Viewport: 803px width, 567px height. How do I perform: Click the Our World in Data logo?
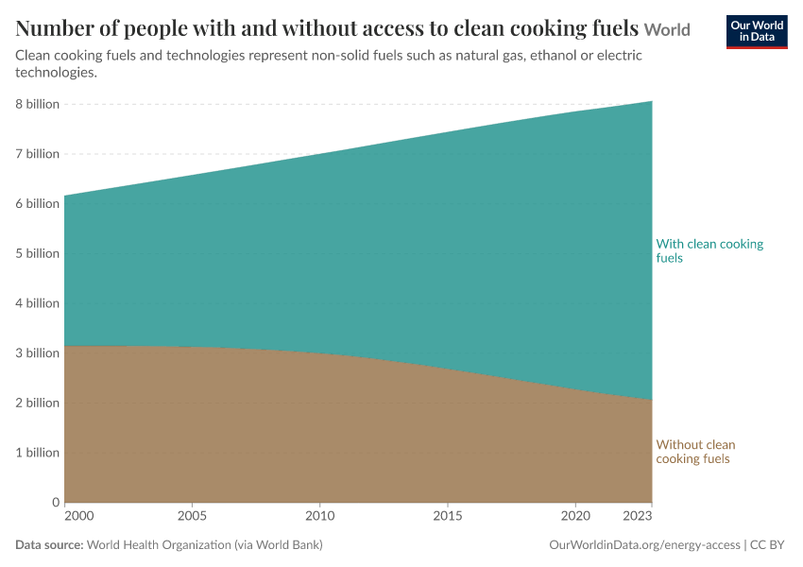(x=757, y=32)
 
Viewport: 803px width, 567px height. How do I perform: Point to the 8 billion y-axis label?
(x=38, y=104)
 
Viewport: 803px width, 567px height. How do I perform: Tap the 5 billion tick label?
(x=38, y=253)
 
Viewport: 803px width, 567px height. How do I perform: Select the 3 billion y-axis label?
(x=38, y=352)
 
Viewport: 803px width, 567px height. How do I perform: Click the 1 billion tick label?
(x=38, y=453)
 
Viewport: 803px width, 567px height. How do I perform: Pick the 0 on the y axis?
(x=56, y=503)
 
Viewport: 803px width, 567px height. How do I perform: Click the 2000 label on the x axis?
(x=79, y=516)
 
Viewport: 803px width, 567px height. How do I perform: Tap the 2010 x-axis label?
(x=320, y=516)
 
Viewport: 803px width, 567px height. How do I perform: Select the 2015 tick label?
(x=448, y=516)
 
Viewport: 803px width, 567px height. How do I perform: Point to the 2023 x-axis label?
(x=637, y=516)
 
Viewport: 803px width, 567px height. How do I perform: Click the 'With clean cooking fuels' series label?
(x=709, y=251)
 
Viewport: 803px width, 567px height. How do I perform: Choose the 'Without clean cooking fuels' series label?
(x=695, y=452)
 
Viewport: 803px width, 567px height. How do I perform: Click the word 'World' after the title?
(x=667, y=29)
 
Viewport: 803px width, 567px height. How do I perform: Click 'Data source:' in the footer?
(x=49, y=545)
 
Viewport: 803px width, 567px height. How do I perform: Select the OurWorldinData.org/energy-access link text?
(x=644, y=545)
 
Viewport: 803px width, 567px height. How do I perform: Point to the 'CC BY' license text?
(x=767, y=545)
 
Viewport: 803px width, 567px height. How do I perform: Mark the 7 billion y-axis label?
(x=38, y=154)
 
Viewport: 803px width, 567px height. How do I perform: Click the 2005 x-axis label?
(x=192, y=516)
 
